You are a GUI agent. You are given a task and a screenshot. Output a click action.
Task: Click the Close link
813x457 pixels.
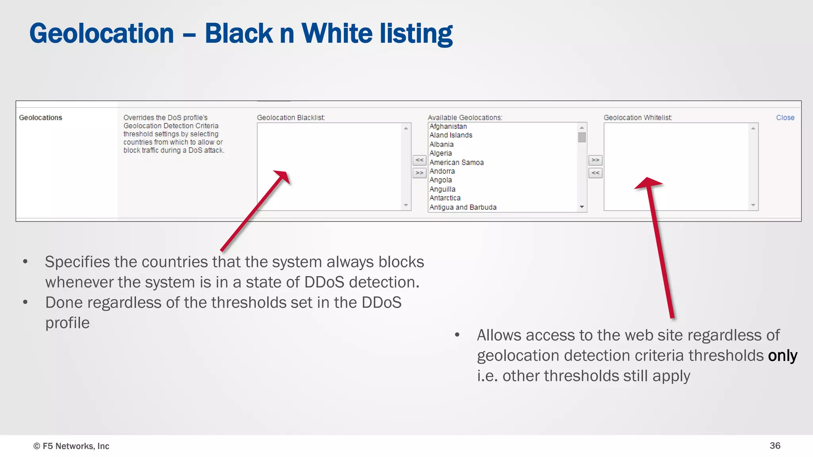pyautogui.click(x=785, y=118)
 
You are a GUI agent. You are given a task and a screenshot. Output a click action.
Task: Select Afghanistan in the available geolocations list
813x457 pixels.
pyautogui.click(x=448, y=127)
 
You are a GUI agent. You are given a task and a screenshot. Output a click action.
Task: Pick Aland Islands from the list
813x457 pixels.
pyautogui.click(x=451, y=135)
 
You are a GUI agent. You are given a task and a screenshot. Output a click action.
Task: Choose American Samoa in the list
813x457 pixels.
pyautogui.click(x=456, y=163)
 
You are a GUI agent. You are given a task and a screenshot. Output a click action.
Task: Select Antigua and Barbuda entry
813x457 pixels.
pyautogui.click(x=462, y=207)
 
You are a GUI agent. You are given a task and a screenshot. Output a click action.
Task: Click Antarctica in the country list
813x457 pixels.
pyautogui.click(x=445, y=198)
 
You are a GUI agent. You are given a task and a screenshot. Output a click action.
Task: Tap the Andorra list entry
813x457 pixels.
pyautogui.click(x=442, y=171)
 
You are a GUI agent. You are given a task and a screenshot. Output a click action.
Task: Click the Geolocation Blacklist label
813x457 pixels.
pyautogui.click(x=291, y=118)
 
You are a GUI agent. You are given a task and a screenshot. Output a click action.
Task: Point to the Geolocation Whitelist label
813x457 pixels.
pyautogui.click(x=638, y=118)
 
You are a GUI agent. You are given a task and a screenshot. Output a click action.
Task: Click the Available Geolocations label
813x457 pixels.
pyautogui.click(x=464, y=118)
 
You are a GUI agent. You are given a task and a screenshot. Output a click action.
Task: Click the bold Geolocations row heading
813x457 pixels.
pyautogui.click(x=40, y=118)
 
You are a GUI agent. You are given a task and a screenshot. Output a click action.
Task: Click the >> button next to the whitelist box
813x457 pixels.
pyautogui.click(x=595, y=160)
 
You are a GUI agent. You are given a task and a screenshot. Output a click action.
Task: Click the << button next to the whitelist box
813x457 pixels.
pyautogui.click(x=595, y=173)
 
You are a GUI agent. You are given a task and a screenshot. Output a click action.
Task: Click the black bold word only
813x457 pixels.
pyautogui.click(x=782, y=356)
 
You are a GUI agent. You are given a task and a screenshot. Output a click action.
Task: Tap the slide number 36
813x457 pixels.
pyautogui.click(x=774, y=445)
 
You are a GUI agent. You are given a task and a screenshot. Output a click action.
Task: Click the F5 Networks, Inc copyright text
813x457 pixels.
pyautogui.click(x=71, y=446)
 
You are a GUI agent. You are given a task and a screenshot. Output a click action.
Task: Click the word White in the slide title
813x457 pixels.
pyautogui.click(x=337, y=33)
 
